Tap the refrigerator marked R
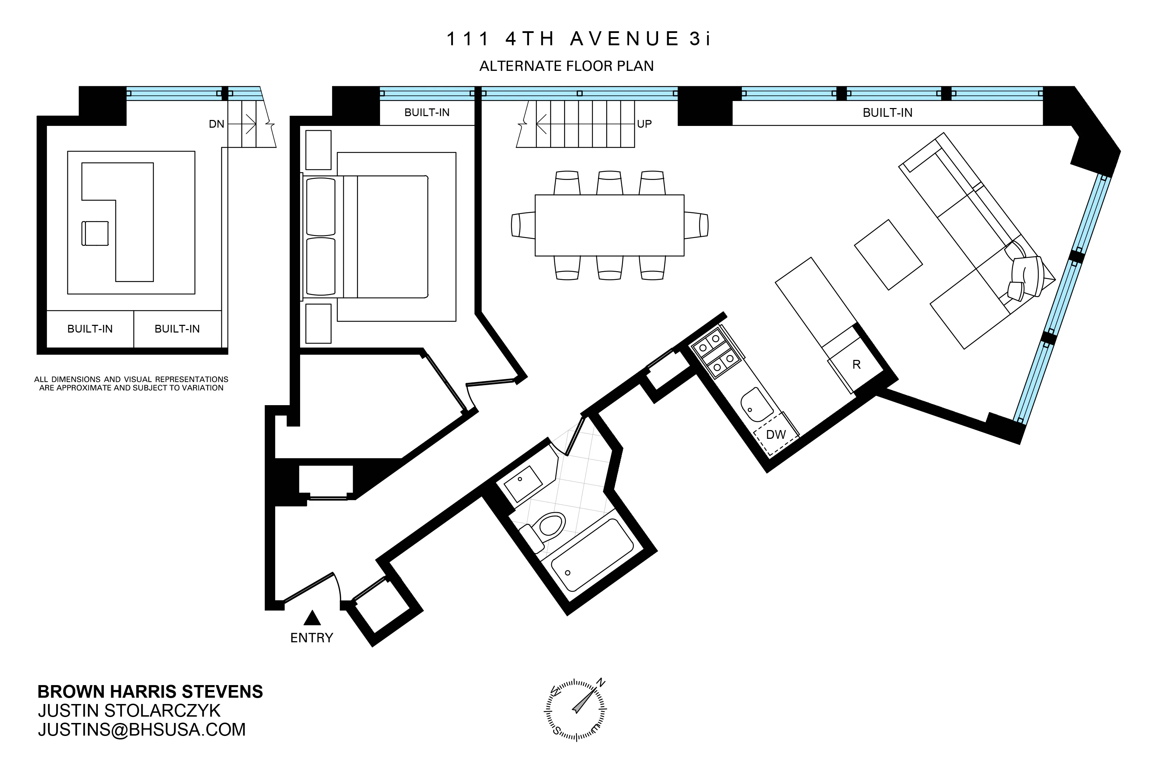click(x=856, y=364)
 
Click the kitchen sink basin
click(x=756, y=405)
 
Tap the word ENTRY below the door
click(x=312, y=638)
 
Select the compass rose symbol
click(x=576, y=709)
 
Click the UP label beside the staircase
click(x=644, y=124)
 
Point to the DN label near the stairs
click(x=217, y=124)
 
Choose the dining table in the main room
click(x=609, y=225)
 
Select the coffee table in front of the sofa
click(x=888, y=255)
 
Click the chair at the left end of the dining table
click(x=523, y=225)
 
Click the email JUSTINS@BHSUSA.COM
click(x=142, y=730)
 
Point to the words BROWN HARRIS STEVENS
click(x=150, y=692)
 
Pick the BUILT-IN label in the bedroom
click(x=427, y=113)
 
